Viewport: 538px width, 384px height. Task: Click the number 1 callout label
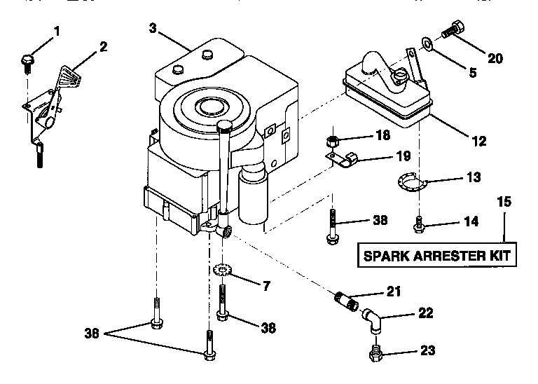(57, 31)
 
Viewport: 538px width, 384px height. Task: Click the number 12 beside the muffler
(478, 141)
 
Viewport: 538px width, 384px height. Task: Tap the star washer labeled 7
(221, 270)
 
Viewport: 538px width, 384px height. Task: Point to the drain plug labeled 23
(375, 351)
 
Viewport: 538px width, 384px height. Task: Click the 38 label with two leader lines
(92, 334)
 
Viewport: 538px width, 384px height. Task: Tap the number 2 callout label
(103, 47)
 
